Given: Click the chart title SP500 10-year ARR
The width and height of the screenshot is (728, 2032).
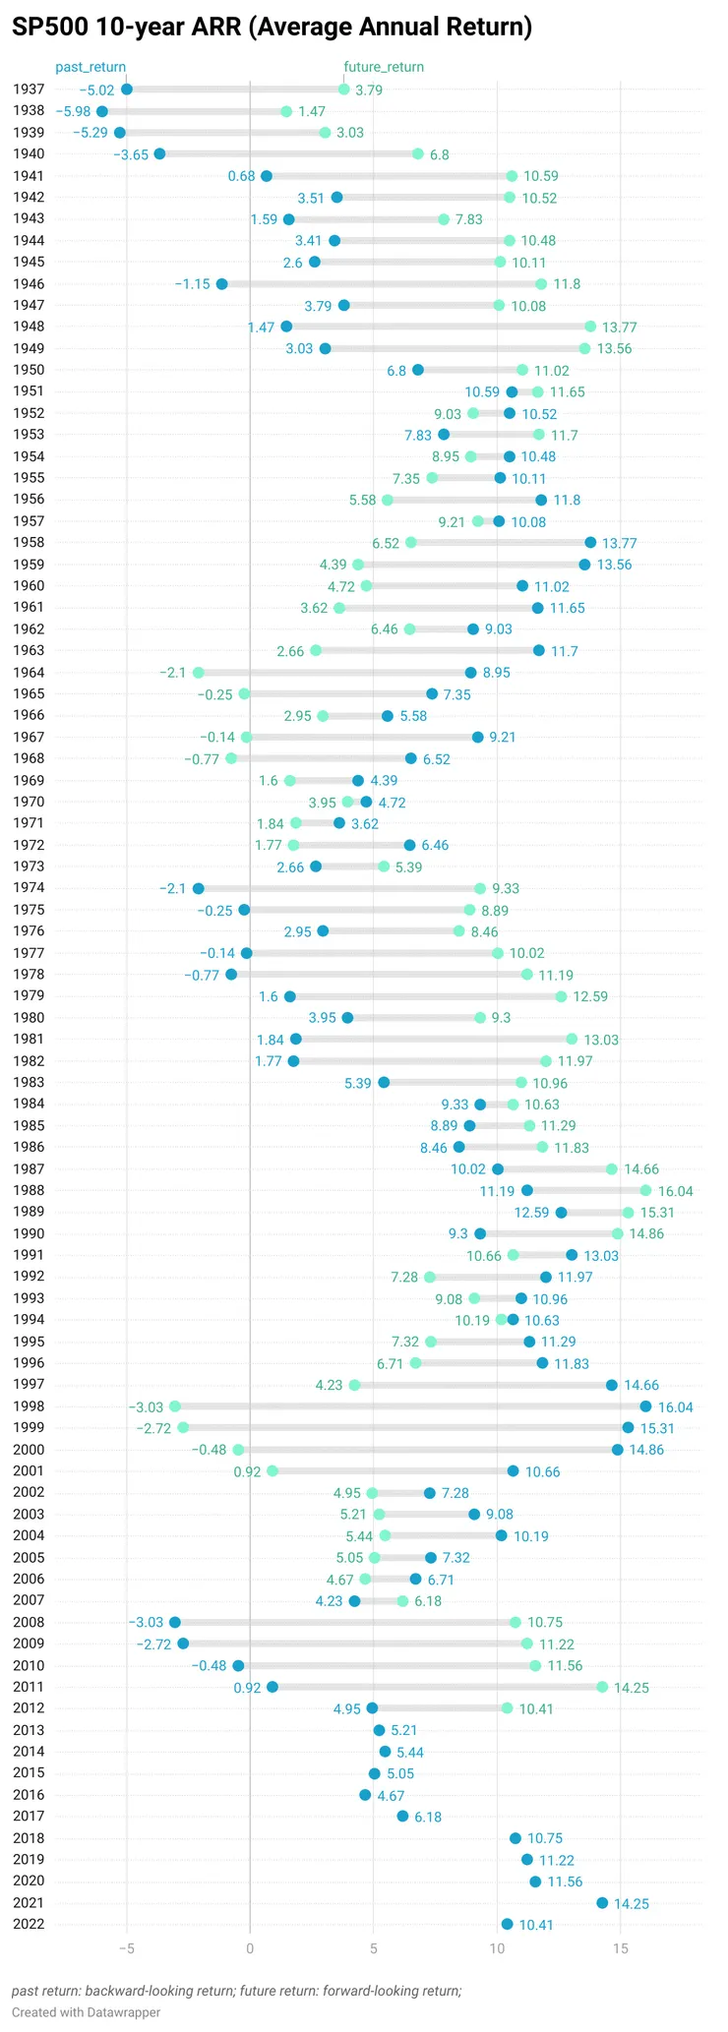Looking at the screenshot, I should (x=272, y=28).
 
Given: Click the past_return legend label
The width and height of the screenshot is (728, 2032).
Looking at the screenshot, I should (x=91, y=67).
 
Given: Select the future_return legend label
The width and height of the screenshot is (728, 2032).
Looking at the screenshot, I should (x=384, y=67).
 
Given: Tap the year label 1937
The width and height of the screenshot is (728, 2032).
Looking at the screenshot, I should (x=30, y=90).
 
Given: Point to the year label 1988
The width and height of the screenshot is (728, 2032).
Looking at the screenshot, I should (x=30, y=1190).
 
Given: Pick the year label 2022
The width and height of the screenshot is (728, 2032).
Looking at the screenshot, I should (x=30, y=1924).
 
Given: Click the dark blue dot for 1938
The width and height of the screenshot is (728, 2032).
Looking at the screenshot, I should (x=102, y=111).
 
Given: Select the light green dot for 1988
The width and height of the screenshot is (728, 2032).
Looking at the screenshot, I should (x=645, y=1190).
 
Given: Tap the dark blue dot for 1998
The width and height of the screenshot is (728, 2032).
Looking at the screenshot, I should (x=645, y=1406).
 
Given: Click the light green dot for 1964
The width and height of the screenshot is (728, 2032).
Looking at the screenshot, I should (x=199, y=673).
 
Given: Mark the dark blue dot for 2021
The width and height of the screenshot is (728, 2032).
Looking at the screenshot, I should (x=602, y=1902).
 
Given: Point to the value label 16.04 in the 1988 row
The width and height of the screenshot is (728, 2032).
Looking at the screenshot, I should (x=677, y=1191).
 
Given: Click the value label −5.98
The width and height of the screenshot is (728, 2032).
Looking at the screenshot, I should (x=72, y=112).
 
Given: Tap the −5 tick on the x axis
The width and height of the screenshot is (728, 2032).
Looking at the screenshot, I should (x=126, y=1948).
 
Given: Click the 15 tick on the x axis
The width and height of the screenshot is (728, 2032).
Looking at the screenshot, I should (x=620, y=1948).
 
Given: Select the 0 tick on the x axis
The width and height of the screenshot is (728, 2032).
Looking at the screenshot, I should (x=250, y=1948).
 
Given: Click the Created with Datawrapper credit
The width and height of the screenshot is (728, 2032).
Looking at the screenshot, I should (x=86, y=2012).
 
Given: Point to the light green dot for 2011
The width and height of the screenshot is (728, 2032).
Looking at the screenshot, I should (x=602, y=1687).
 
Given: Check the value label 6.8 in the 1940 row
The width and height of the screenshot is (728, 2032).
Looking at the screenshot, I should (x=439, y=154).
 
